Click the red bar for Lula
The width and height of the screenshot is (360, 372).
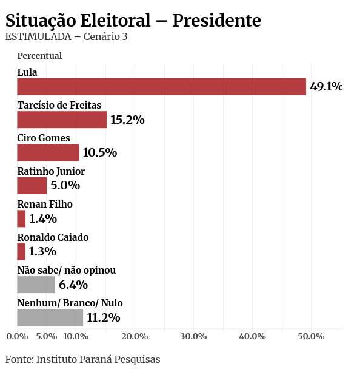(161, 87)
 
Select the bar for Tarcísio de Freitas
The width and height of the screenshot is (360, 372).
(62, 120)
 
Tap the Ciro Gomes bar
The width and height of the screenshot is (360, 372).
(48, 152)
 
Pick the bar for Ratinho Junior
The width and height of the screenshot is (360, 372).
(32, 186)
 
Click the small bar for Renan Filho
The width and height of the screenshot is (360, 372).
(21, 218)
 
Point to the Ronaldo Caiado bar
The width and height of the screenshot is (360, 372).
(21, 251)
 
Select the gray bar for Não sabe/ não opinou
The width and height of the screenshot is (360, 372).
(36, 285)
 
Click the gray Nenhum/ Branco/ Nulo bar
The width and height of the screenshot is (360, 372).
(50, 317)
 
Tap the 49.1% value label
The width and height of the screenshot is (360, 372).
(326, 87)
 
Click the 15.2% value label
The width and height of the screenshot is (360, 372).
(127, 120)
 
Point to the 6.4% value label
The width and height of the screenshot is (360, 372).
(73, 285)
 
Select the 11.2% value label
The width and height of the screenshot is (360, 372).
(104, 318)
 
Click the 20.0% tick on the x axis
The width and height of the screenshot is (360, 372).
(135, 336)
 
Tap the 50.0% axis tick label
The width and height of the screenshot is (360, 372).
(311, 336)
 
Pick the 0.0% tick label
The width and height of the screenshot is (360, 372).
(17, 336)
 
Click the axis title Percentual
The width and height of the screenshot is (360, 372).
(39, 56)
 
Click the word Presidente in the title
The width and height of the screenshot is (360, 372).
(216, 21)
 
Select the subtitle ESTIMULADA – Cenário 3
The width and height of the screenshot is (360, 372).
(66, 37)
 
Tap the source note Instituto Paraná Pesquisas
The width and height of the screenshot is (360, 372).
(98, 359)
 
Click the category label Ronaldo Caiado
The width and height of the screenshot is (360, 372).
(53, 237)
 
